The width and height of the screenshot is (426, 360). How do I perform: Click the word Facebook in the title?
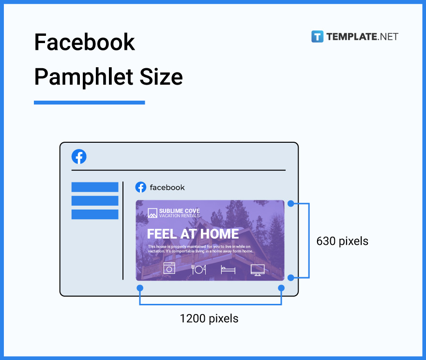click(x=84, y=43)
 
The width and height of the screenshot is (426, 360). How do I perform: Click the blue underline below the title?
click(x=89, y=103)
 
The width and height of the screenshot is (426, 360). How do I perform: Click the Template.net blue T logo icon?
click(x=317, y=36)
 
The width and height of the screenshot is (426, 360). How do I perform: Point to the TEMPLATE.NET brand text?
click(x=362, y=36)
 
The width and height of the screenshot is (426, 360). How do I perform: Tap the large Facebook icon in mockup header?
click(x=79, y=157)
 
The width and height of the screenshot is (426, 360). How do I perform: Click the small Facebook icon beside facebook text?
click(x=141, y=187)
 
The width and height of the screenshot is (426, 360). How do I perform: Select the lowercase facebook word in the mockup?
click(x=167, y=188)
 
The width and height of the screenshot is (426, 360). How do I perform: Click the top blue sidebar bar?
click(x=95, y=187)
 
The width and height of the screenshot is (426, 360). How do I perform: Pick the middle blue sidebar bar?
click(x=95, y=200)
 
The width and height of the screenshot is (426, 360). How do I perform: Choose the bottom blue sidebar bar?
click(x=95, y=214)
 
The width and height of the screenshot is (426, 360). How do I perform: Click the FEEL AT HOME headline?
click(x=193, y=234)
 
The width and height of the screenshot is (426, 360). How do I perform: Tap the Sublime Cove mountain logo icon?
click(x=152, y=213)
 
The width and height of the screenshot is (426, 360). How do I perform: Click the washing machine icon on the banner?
click(x=169, y=268)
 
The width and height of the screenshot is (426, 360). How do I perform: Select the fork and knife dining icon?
click(x=198, y=269)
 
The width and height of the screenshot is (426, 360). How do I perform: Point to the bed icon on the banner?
click(x=228, y=270)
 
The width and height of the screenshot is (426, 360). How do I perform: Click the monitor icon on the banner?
click(x=258, y=270)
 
